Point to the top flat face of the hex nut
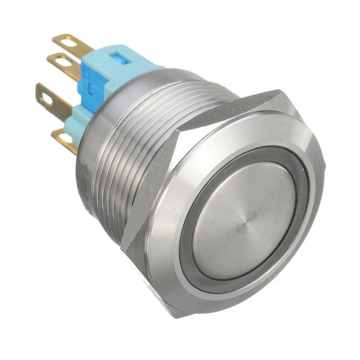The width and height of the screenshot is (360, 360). pos(228,111)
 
